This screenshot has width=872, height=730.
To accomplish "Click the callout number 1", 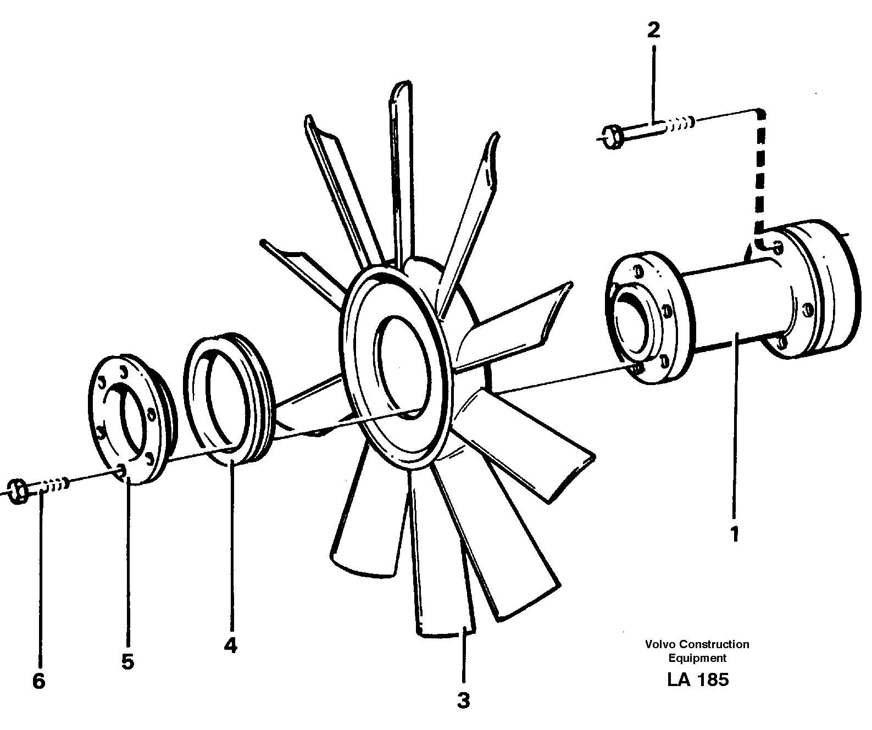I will [735, 534].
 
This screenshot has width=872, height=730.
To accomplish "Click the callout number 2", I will [653, 30].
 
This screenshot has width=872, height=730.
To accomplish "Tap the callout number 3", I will [464, 701].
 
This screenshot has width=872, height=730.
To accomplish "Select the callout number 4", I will [230, 645].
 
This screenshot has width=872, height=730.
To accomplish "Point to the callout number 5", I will [127, 662].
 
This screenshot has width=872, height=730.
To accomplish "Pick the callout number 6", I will [38, 682].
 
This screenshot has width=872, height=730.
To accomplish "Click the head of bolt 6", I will [18, 491].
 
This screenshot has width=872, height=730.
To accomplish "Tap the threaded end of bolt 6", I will [57, 484].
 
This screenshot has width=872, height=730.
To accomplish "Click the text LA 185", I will [698, 680].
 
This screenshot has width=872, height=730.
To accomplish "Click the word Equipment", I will [697, 658].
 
